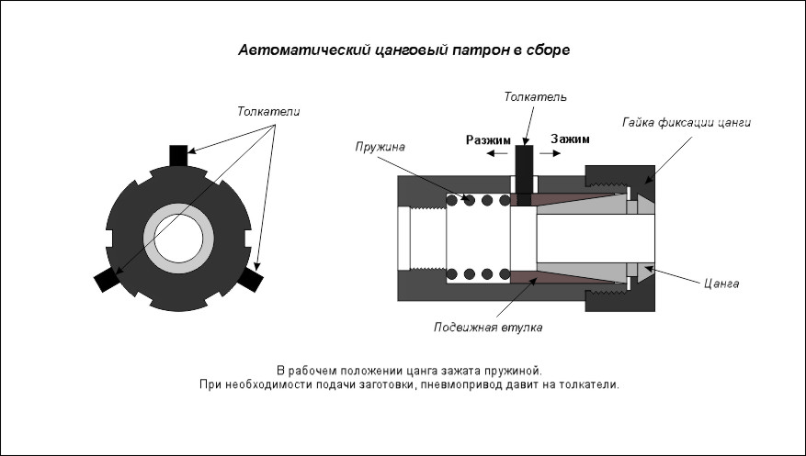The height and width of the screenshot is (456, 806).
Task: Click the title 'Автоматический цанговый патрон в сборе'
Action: (404, 50)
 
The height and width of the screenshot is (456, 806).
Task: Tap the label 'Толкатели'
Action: (268, 111)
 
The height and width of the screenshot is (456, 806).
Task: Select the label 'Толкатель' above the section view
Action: (535, 96)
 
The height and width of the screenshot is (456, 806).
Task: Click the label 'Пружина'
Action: (380, 147)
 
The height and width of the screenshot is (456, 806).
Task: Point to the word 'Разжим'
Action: (488, 140)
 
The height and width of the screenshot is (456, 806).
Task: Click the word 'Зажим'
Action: (570, 139)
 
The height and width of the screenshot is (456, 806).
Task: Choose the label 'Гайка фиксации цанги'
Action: (687, 123)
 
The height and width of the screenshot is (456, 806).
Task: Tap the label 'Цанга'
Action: (721, 284)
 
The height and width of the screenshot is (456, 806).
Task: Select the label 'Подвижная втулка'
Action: (488, 328)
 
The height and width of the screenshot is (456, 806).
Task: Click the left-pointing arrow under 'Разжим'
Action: (497, 153)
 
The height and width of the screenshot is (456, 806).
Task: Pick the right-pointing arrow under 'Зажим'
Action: (550, 153)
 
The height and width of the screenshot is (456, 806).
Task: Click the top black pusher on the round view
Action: (178, 156)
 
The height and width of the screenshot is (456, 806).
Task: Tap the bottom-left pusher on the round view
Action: (107, 280)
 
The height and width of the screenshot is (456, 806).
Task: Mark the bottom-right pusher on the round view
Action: (250, 280)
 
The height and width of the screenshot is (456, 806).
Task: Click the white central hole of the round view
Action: (178, 239)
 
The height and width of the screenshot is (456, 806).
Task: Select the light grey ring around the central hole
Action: (178, 209)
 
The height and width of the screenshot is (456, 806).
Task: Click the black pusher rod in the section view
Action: (524, 175)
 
